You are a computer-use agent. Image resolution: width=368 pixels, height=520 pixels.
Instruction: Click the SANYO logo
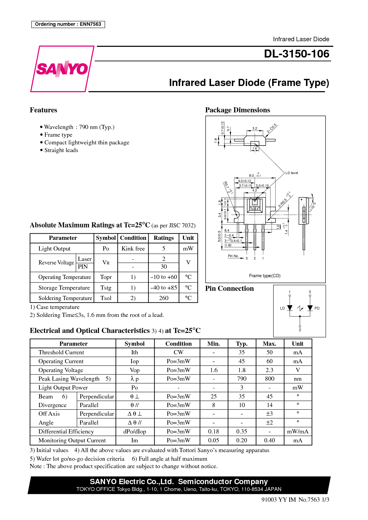tap(62, 69)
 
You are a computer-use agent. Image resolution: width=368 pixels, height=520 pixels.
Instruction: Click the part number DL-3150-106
tap(296, 54)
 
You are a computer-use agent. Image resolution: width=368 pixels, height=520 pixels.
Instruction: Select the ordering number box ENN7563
tap(68, 24)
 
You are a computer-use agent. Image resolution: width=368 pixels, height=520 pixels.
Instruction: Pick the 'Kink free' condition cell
tap(133, 249)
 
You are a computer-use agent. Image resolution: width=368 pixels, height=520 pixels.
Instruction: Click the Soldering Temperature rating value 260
tap(164, 298)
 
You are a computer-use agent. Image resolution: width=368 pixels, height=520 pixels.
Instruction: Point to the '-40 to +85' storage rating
tap(164, 288)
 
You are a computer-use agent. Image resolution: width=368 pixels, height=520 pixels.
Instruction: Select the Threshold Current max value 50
tap(269, 352)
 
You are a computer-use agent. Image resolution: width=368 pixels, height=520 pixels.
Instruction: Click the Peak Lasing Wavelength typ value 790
tap(242, 379)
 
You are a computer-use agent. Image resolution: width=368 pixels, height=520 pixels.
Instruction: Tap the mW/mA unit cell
tap(298, 431)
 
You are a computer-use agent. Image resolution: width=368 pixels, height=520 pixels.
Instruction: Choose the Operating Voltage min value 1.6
tap(214, 370)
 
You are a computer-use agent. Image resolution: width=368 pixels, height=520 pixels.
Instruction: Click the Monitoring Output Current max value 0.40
tap(269, 440)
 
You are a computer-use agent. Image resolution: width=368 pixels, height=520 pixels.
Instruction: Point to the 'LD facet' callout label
tap(292, 173)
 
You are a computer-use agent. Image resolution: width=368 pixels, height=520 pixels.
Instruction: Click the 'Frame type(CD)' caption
tap(265, 276)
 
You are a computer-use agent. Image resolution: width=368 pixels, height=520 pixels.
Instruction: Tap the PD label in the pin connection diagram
tap(317, 308)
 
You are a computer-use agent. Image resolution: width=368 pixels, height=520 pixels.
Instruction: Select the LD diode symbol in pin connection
tap(290, 308)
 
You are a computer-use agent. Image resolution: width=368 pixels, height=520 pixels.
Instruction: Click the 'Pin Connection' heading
tap(229, 288)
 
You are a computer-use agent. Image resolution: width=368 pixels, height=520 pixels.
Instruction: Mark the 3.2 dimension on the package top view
tap(255, 128)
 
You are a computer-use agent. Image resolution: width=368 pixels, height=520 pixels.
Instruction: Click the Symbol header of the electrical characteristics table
tap(134, 344)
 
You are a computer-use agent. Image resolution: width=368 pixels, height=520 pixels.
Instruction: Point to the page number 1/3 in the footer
tap(326, 500)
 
